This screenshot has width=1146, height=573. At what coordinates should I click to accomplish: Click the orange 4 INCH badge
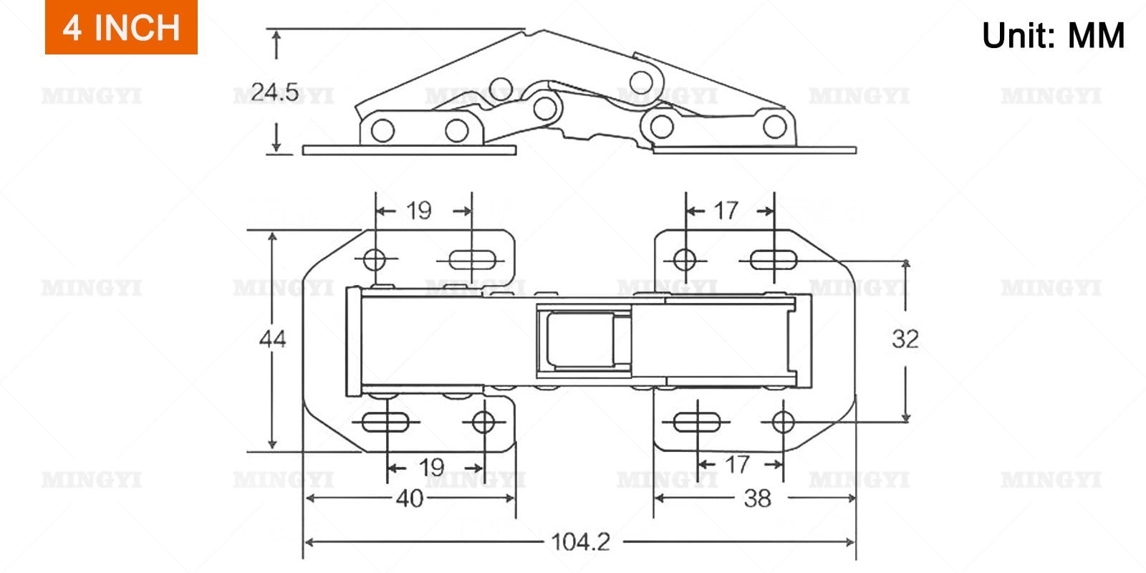[121, 27]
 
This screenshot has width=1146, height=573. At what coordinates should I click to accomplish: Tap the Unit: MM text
[1053, 35]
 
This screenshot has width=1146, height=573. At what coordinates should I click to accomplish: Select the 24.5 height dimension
[275, 92]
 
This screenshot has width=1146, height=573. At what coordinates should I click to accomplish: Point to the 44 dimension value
[273, 339]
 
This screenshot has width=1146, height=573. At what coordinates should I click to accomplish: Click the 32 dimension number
[905, 339]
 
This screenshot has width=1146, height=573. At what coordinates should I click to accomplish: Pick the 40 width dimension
[409, 499]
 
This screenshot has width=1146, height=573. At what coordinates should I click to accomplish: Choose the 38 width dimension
[757, 499]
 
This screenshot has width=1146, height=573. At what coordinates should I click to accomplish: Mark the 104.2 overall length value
[581, 541]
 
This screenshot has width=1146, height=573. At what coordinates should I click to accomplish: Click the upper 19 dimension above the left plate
[418, 211]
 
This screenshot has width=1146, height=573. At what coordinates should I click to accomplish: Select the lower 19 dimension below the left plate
[431, 467]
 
